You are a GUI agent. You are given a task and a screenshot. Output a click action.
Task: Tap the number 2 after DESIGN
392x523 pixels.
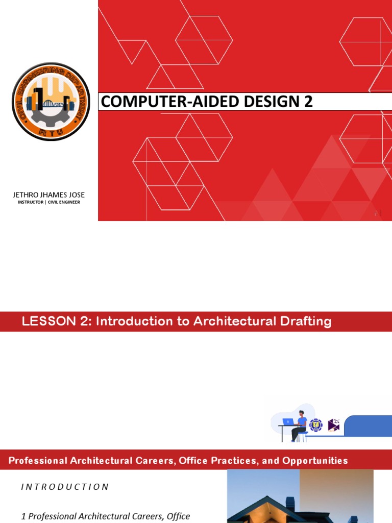(308, 102)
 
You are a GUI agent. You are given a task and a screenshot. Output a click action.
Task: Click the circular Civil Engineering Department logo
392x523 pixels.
(51, 102)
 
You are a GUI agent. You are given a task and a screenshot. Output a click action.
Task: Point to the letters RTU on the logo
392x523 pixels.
(51, 134)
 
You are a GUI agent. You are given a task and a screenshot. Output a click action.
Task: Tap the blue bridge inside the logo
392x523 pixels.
(53, 104)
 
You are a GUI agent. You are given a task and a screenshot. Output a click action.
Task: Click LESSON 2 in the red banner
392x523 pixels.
(57, 321)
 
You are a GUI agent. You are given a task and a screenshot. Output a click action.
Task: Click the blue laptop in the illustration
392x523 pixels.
(288, 422)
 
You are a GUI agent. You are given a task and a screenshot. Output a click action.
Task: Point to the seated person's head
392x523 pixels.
(301, 413)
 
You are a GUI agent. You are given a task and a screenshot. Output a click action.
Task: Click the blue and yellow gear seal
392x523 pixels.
(316, 424)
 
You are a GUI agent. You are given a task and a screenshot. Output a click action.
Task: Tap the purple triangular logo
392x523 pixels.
(334, 424)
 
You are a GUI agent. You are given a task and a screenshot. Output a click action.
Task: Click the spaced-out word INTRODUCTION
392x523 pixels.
(65, 487)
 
